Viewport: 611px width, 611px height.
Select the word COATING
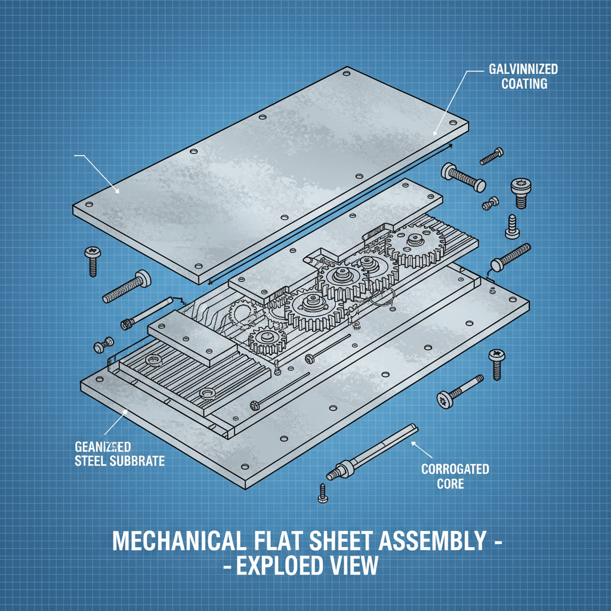point(524,84)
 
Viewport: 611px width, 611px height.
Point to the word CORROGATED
point(455,468)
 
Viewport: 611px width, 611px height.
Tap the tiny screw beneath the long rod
point(322,492)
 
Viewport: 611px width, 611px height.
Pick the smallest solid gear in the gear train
point(266,340)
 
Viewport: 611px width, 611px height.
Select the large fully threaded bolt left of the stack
point(126,286)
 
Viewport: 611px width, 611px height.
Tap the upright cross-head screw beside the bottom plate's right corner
point(497,363)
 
